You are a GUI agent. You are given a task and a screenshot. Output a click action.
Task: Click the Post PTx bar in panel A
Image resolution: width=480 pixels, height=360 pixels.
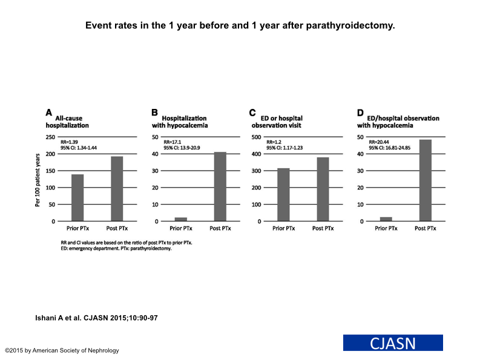click(x=117, y=189)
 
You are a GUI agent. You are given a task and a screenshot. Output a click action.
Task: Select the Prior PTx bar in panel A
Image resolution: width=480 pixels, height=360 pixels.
click(x=77, y=198)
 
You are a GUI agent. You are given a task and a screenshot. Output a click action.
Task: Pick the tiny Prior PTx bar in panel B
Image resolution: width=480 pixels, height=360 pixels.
click(x=180, y=219)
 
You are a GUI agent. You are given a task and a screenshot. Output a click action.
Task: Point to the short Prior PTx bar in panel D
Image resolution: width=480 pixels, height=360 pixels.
click(x=386, y=219)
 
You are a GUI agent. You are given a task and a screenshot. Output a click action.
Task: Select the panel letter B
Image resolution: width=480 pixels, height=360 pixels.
click(x=155, y=113)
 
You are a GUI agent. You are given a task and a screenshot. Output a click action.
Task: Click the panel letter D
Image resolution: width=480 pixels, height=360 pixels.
click(x=361, y=113)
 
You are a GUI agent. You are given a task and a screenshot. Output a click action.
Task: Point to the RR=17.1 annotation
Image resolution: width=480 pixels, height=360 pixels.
click(x=173, y=142)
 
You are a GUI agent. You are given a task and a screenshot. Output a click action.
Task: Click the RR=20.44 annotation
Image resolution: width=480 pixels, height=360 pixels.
click(x=381, y=142)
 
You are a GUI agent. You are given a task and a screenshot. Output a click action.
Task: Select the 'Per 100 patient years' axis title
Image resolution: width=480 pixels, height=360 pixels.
click(x=38, y=180)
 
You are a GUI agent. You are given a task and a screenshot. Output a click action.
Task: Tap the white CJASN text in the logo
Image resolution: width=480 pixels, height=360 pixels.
click(x=393, y=343)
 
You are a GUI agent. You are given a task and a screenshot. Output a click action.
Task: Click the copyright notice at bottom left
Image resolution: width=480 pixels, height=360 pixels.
click(x=62, y=350)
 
